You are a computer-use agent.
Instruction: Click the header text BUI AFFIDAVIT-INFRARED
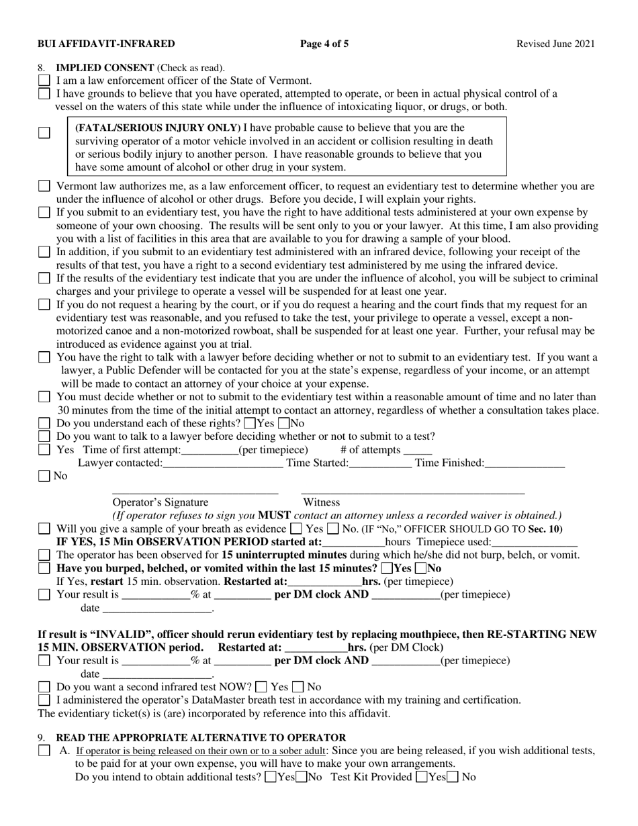[106, 44]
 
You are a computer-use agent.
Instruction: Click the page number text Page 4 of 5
[324, 44]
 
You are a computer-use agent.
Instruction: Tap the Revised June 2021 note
[555, 44]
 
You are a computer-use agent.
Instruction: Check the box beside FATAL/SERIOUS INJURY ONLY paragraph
[44, 132]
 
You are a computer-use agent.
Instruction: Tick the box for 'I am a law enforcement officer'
[44, 81]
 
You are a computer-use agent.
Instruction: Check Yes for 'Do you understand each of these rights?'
[250, 424]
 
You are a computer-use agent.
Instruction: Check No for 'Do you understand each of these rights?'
[283, 424]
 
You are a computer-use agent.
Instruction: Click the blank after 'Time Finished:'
[525, 463]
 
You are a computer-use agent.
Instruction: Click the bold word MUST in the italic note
[274, 516]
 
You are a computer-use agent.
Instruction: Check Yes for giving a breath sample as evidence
[295, 529]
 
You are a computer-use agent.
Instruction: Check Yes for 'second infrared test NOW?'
[261, 687]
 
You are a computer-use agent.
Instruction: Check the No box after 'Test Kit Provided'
[453, 778]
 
